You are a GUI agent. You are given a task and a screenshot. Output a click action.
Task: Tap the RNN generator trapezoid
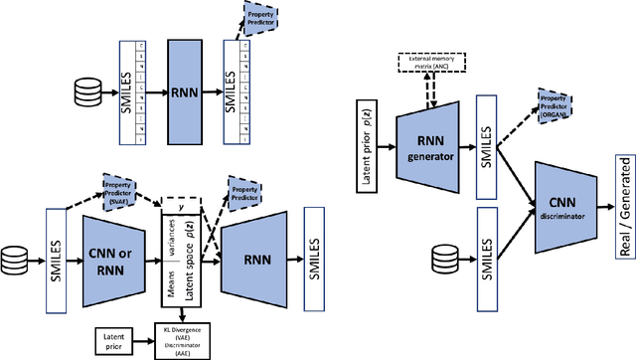click(431, 148)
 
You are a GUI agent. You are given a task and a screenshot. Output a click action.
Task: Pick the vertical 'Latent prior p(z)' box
click(363, 148)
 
